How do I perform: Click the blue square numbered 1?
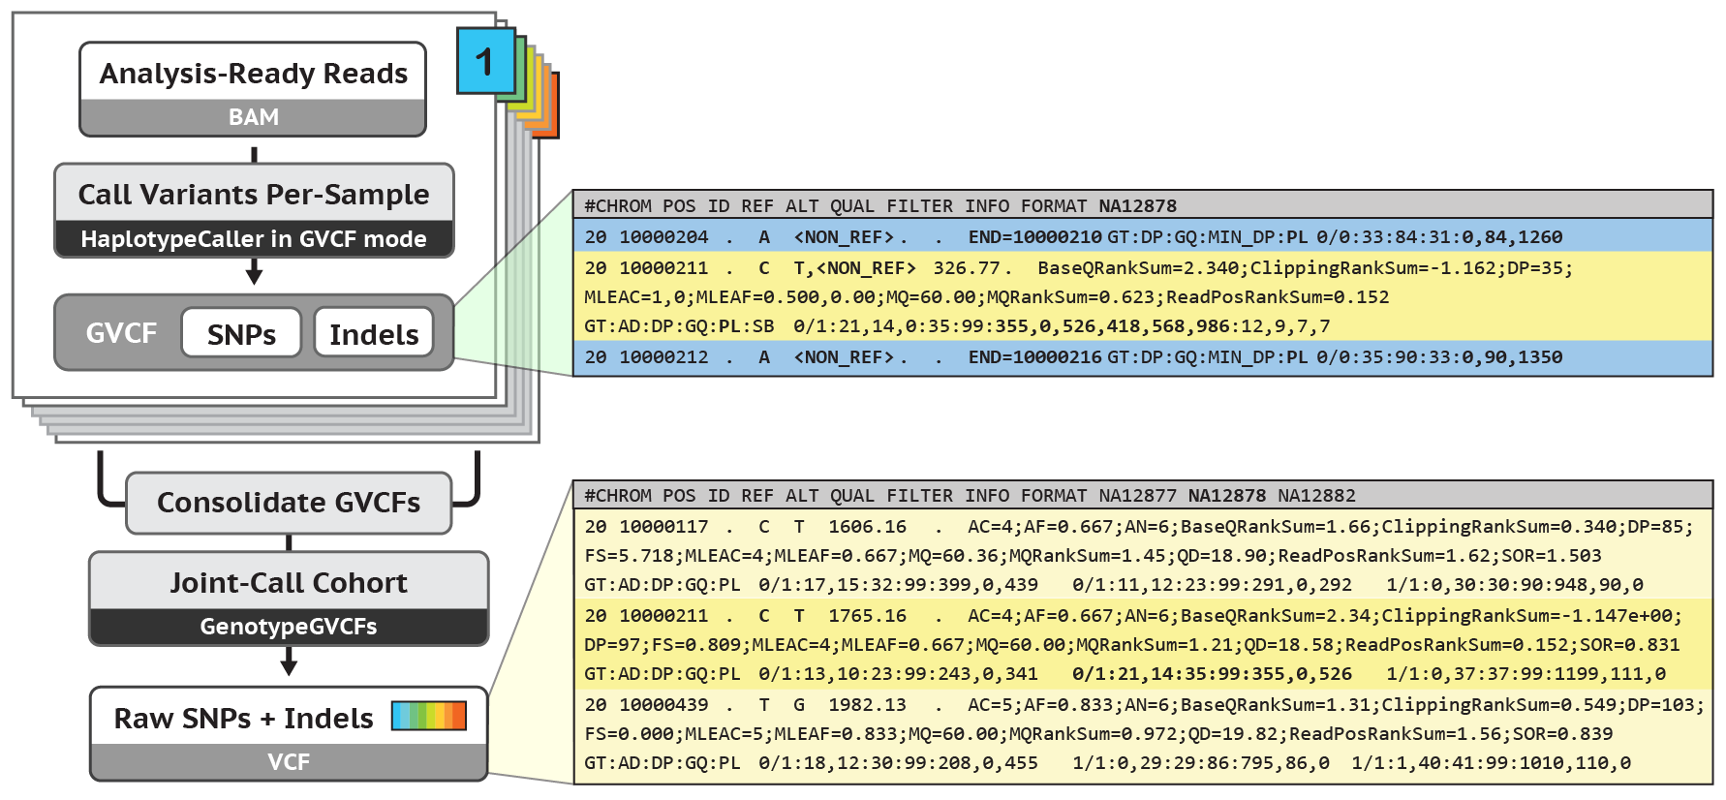[485, 61]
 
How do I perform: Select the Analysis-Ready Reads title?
[253, 74]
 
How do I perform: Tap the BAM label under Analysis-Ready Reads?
[253, 117]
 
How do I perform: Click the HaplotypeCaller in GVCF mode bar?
[253, 239]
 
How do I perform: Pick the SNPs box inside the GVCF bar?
[241, 334]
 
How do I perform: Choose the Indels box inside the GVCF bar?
[374, 334]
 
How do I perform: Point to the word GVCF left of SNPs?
[121, 333]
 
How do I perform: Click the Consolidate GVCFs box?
[289, 503]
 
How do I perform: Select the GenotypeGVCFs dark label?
[289, 627]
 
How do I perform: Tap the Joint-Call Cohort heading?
[289, 583]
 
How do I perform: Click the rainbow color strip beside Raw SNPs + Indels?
[428, 716]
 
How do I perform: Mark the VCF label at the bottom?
[289, 762]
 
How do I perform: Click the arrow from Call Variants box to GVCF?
[254, 273]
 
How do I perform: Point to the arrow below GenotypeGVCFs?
[289, 663]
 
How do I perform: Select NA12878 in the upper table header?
[1137, 206]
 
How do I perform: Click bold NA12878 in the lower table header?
[1226, 496]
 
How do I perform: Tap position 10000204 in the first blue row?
[663, 237]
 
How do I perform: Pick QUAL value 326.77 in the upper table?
[966, 268]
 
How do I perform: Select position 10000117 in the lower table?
[663, 527]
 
